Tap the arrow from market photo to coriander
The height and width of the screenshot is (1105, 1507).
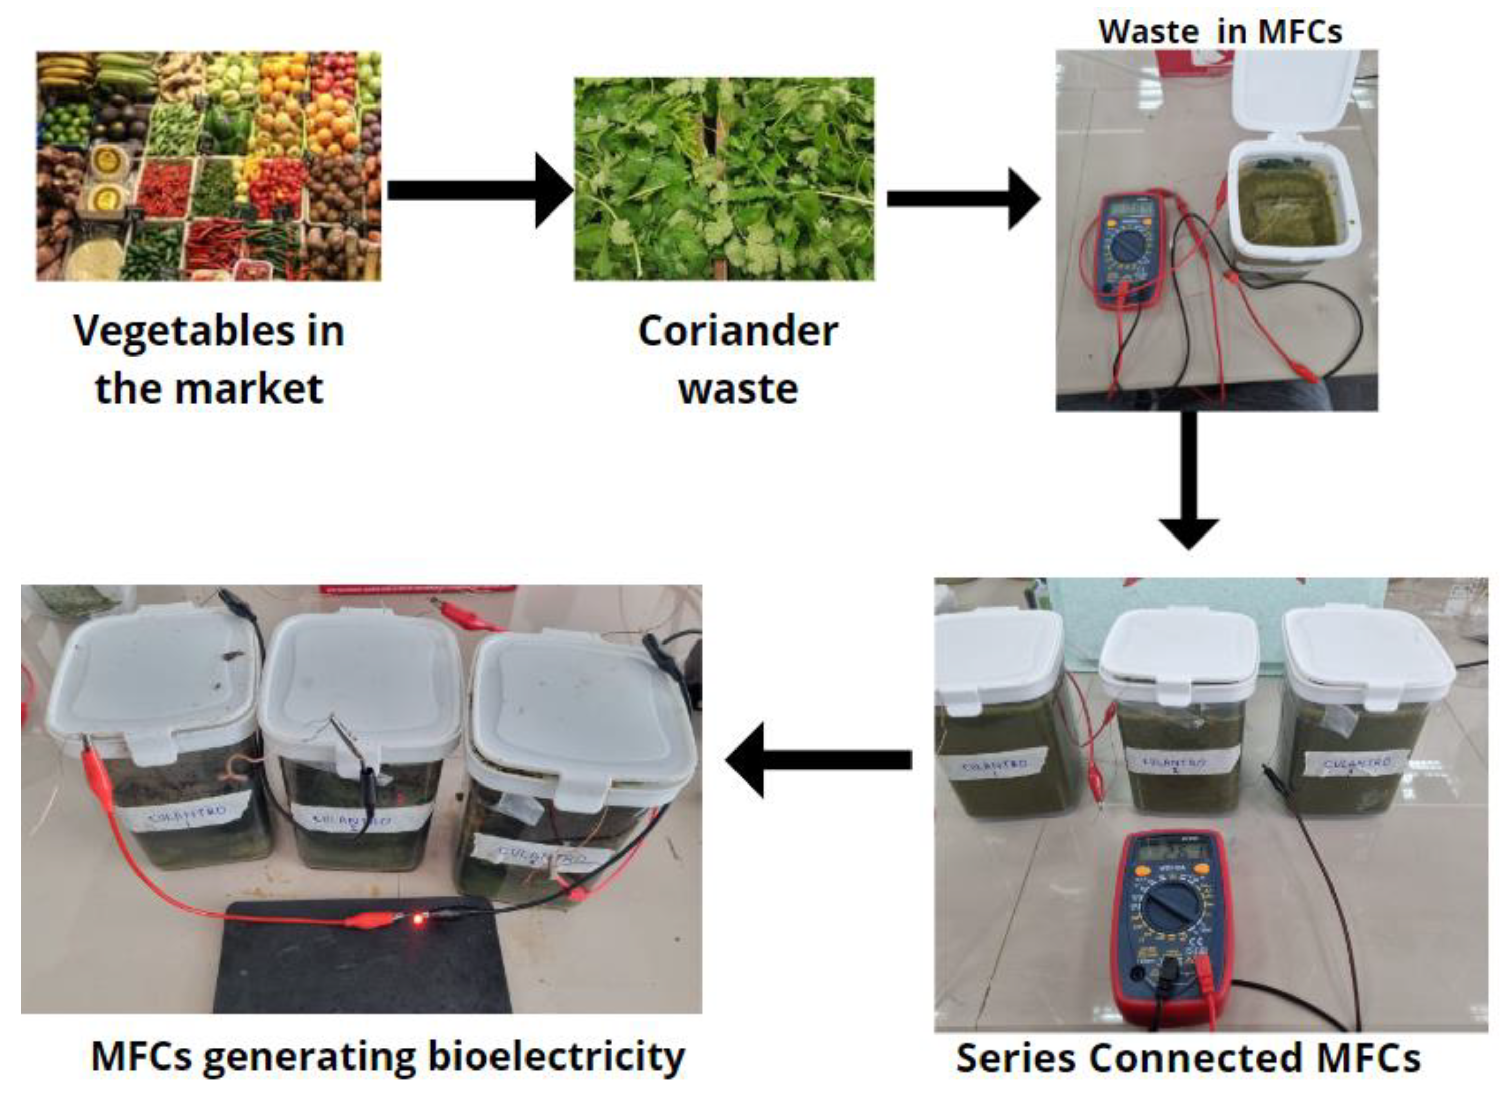click(478, 190)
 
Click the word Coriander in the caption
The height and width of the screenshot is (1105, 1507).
click(738, 331)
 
